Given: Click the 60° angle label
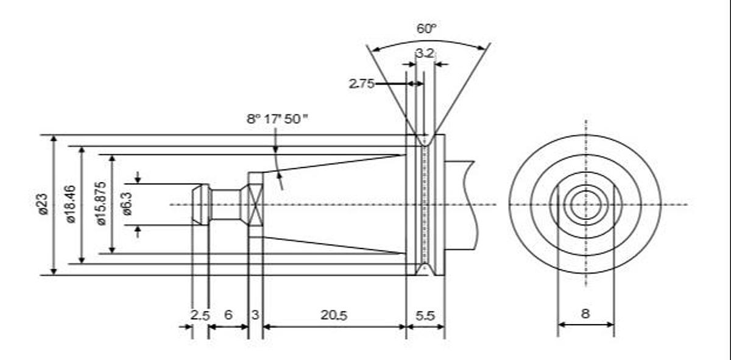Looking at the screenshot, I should pos(427,29).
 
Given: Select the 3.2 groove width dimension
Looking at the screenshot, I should pos(425,53).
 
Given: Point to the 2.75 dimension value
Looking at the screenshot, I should pos(361,84).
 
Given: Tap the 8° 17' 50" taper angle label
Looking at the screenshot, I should pos(277,119).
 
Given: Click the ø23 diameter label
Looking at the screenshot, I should pos(42,204).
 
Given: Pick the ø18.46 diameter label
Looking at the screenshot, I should pos(71,204).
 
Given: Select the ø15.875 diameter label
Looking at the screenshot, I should pos(101,204).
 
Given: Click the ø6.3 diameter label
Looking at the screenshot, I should pos(127,204).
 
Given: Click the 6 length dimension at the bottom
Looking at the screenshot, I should pos(228,315).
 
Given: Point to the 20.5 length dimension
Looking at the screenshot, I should pos(334,315).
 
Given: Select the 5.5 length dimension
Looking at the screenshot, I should pos(425,315).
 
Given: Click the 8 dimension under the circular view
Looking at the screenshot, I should pos(585,314).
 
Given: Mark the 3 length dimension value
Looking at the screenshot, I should pos(255,315).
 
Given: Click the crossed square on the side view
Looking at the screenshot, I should pos(255,204).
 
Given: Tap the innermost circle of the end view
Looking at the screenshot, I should pos(585,204).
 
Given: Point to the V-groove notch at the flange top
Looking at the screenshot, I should pos(425,141).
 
